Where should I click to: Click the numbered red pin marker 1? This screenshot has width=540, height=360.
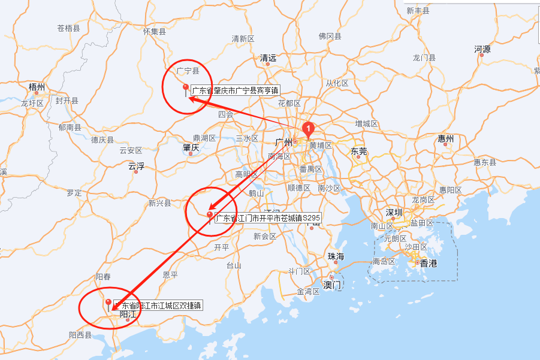pos(308,128)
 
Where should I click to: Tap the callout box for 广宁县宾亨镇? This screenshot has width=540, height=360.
pos(235,90)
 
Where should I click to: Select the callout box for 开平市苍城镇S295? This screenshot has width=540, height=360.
pos(267,218)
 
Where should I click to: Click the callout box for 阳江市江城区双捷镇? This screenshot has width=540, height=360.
pos(157,305)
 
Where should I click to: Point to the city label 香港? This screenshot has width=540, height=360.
pos(428,263)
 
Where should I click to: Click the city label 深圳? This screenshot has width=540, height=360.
pos(394,213)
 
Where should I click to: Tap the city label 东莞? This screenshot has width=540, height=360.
pos(358,151)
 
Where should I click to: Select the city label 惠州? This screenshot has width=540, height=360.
pos(446,139)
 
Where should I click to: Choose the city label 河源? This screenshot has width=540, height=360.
pos(482,49)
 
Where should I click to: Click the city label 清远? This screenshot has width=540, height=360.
pos(268,58)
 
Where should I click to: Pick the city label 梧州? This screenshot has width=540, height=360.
pos(37,87)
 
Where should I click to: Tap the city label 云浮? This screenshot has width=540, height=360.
pos(136,166)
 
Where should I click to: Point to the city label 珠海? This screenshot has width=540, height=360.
pos(336,256)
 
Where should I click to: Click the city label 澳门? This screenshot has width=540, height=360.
pos(332,285)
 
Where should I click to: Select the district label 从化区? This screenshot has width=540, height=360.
pos(337,83)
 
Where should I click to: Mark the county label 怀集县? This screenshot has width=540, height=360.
pos(155,31)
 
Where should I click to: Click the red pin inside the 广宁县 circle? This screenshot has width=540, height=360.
pos(186,89)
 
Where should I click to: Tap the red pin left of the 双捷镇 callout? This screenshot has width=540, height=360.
pos(108,303)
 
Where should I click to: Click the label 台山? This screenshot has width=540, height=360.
pos(233,265)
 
